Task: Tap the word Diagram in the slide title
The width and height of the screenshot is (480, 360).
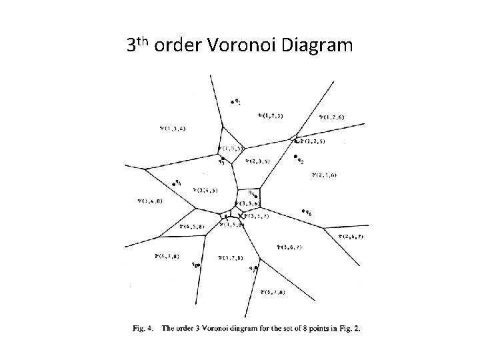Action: pyautogui.click(x=317, y=46)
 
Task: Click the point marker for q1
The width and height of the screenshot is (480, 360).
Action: pyautogui.click(x=233, y=102)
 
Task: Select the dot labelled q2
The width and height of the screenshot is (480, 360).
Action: pyautogui.click(x=295, y=157)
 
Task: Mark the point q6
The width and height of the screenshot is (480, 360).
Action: pyautogui.click(x=303, y=211)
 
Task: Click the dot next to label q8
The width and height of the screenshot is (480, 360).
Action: pyautogui.click(x=199, y=265)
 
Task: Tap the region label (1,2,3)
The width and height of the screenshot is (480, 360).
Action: pyautogui.click(x=271, y=116)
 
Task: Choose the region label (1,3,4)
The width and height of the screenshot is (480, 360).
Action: pyautogui.click(x=173, y=127)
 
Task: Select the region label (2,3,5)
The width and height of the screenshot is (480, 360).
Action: pyautogui.click(x=257, y=161)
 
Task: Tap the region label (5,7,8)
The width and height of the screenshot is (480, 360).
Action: pyautogui.click(x=231, y=257)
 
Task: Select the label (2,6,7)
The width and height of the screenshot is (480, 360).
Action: pyautogui.click(x=350, y=235)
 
